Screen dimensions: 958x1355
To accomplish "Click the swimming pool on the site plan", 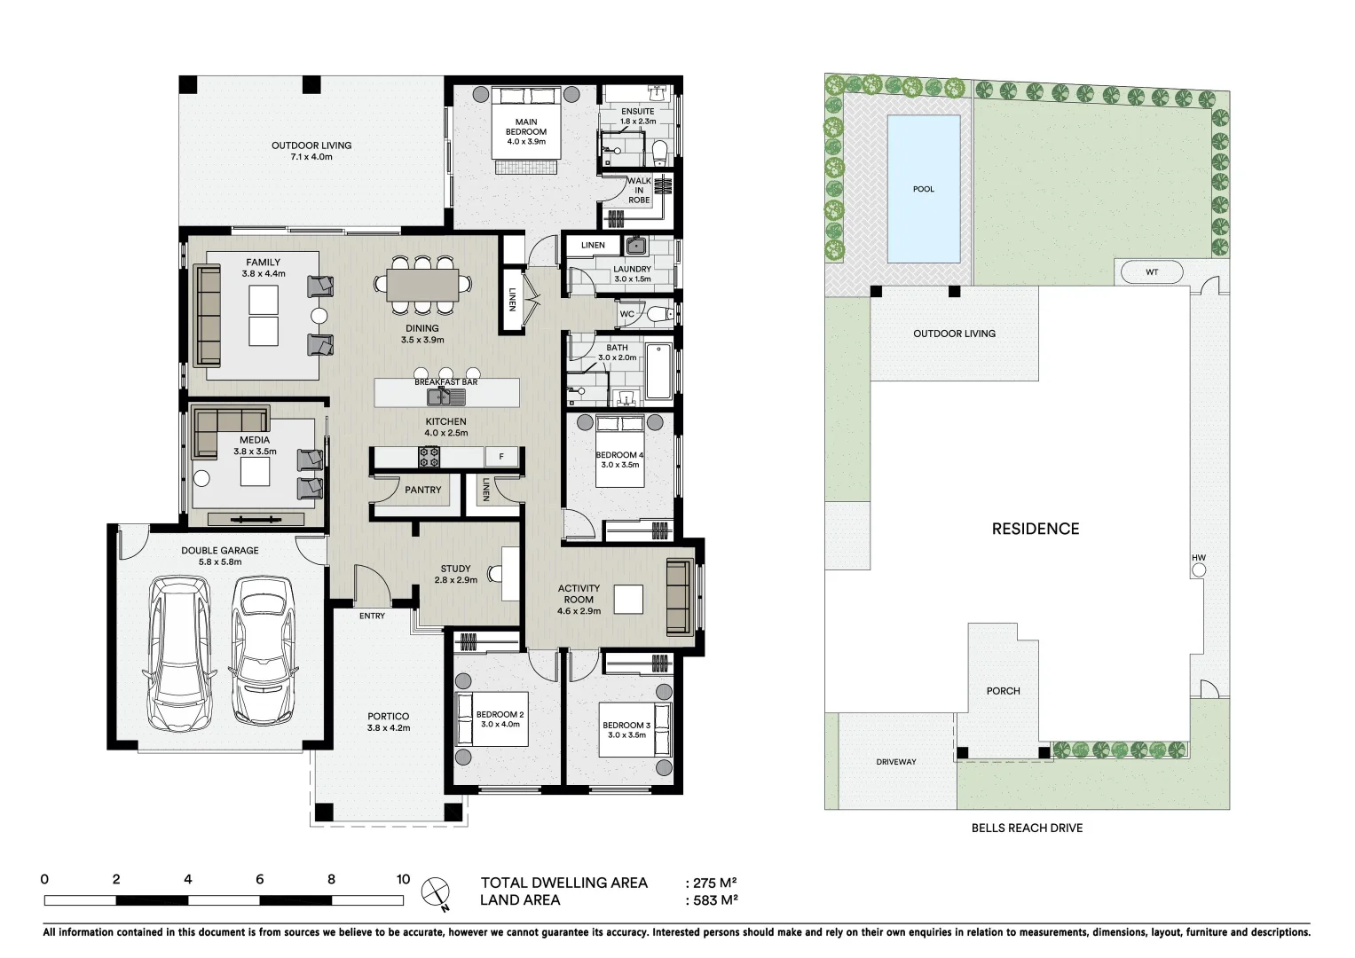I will tap(924, 188).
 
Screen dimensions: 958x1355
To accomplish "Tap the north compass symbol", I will tap(436, 891).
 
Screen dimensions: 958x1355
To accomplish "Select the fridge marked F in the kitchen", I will tap(501, 457).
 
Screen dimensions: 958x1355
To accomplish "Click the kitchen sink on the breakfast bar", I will tap(440, 396).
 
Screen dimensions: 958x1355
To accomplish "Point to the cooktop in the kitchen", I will tap(430, 457).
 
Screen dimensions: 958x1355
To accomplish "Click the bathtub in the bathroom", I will tap(658, 372).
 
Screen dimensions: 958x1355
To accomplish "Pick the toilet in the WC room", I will tap(656, 314).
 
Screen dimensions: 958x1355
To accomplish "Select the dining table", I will tap(422, 285).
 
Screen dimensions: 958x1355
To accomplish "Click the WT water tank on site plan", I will tap(1151, 271).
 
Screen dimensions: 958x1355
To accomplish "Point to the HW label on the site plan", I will tap(1199, 558).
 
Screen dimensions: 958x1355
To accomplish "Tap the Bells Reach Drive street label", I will tap(1027, 828).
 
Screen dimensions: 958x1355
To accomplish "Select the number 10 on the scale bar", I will tap(403, 880).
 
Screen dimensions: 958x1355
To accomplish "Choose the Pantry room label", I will tap(422, 490).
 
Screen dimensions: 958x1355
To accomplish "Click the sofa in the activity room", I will tap(679, 597).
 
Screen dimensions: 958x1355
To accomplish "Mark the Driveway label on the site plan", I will tap(896, 762).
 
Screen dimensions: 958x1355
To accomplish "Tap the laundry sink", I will tap(635, 246).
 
